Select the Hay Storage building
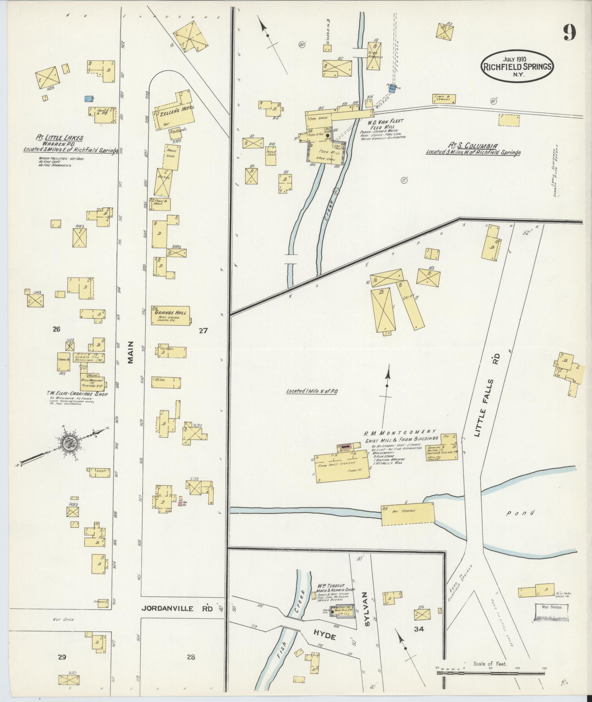(x=407, y=514)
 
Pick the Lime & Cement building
(x=444, y=98)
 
